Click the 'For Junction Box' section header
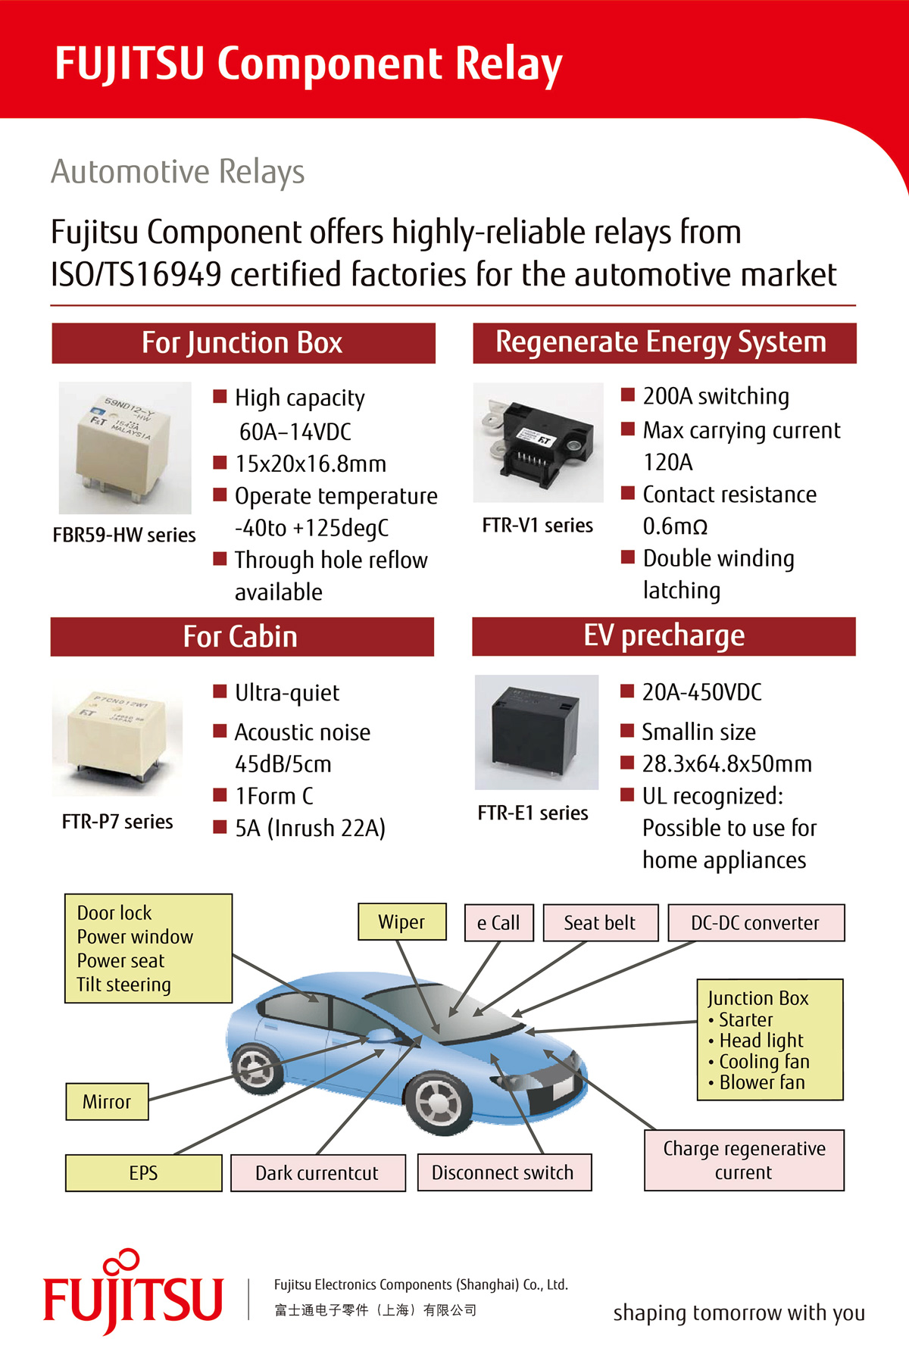(243, 343)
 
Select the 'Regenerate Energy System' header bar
(664, 343)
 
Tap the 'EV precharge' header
(664, 636)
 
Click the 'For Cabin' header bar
(242, 636)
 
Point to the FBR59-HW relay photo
(125, 448)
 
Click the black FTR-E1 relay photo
(536, 732)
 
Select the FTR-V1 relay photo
(538, 442)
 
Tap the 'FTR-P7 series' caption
(117, 822)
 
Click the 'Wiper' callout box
(402, 922)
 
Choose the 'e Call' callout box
(499, 922)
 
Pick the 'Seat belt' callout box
(601, 922)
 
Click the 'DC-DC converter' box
(756, 922)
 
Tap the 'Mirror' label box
(107, 1101)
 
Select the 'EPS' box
(144, 1173)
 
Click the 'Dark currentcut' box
(318, 1173)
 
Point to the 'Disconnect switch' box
(504, 1172)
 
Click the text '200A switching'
(716, 396)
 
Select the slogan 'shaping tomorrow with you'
(739, 1312)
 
